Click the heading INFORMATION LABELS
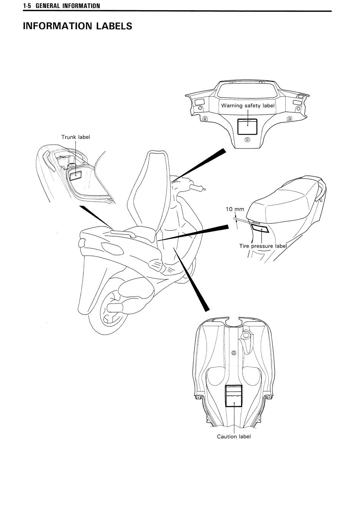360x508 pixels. tap(77, 26)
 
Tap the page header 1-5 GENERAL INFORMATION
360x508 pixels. tap(61, 6)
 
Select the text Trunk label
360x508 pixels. tap(75, 137)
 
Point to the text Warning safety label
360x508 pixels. tap(248, 105)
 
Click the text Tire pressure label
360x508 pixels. tap(263, 246)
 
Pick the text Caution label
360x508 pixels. tap(234, 436)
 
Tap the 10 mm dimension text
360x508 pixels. tap(235, 209)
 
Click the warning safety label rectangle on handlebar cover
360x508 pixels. tap(247, 127)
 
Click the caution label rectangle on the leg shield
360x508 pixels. tap(234, 396)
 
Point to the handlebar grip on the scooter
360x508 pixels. tap(197, 187)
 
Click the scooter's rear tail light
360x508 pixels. tap(81, 243)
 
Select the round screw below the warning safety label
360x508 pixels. tap(247, 140)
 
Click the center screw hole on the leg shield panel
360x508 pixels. tap(234, 353)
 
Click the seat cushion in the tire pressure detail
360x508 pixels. tap(286, 200)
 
